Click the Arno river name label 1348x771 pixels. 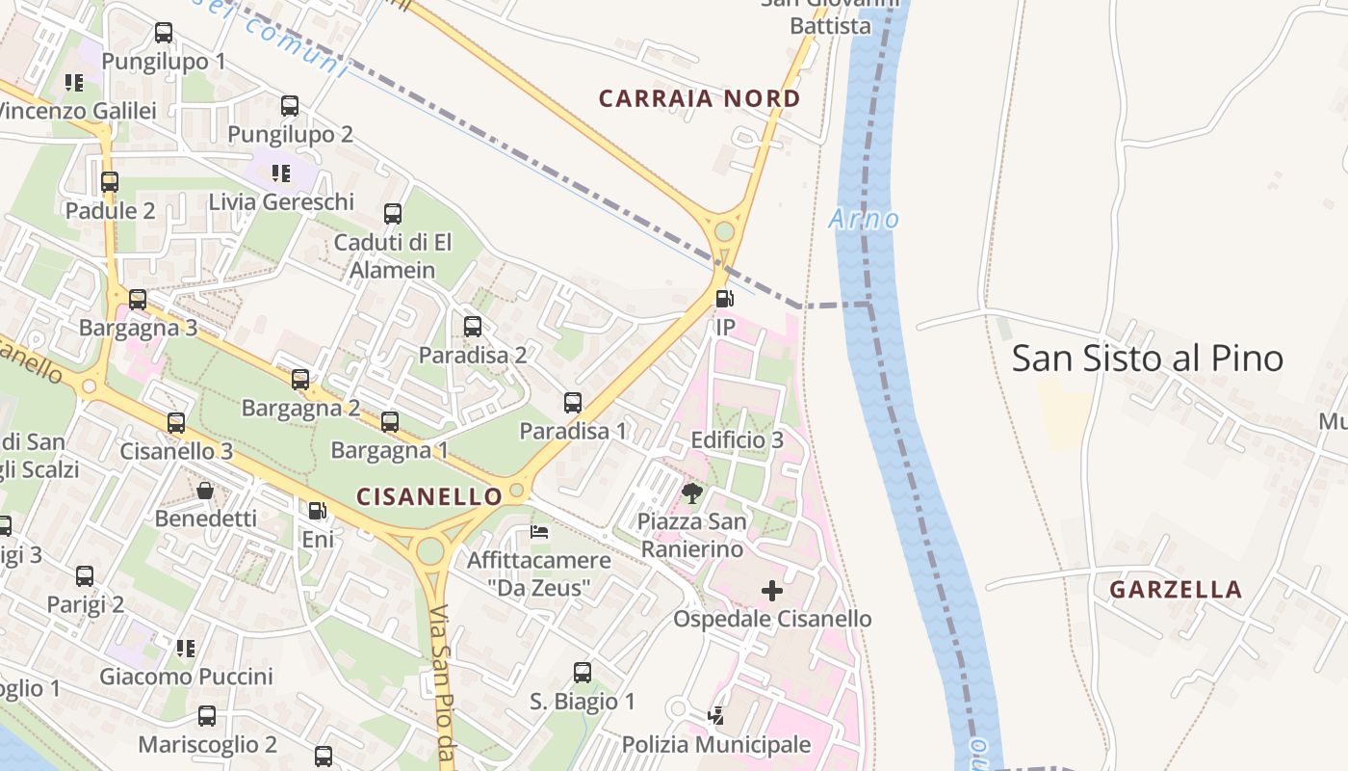coord(864,219)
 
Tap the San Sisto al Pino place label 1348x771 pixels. coord(1147,359)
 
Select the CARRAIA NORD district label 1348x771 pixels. coord(699,98)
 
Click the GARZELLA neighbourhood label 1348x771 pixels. coord(1175,590)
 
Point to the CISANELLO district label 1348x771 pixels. coord(429,496)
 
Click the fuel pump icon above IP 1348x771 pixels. coord(725,299)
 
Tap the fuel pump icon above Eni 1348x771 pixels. coord(318,511)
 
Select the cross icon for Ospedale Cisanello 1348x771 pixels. coord(772,591)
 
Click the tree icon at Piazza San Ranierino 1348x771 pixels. coord(691,494)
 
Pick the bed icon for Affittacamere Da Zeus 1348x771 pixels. coord(539,532)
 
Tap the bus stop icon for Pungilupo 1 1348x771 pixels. coord(164,34)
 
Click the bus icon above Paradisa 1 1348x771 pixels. coord(573,403)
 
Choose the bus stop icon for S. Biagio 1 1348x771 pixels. coord(583,673)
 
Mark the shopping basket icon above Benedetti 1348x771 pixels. coord(205,491)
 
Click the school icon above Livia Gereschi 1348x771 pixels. coord(281,173)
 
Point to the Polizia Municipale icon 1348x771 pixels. coord(715,716)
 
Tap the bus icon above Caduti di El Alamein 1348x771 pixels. coord(393,214)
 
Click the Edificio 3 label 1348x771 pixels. coord(737,440)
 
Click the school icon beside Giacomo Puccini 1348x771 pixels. coord(186,648)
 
